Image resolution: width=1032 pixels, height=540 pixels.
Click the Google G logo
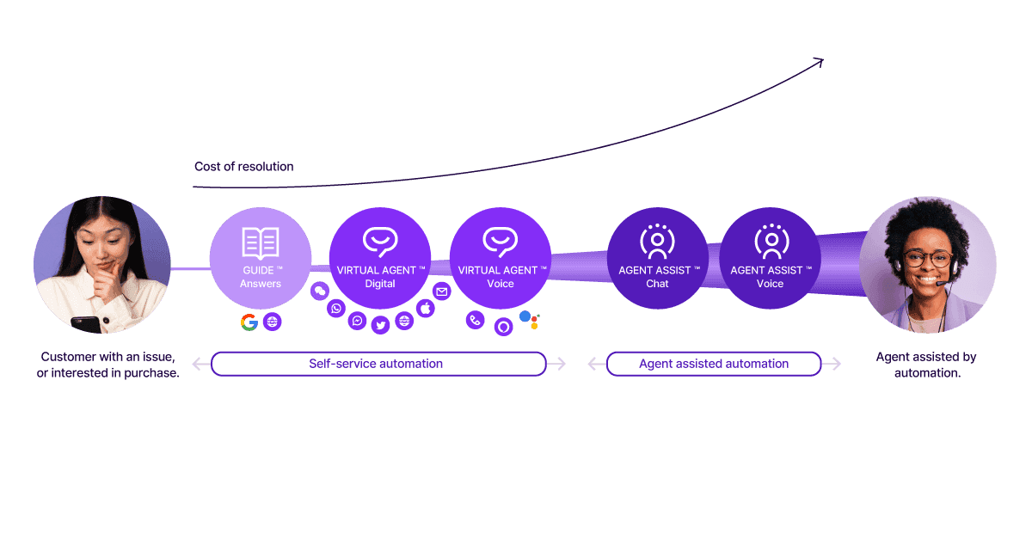[x=249, y=322]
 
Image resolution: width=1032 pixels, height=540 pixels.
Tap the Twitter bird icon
[x=381, y=325]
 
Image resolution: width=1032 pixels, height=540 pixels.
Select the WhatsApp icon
[x=336, y=308]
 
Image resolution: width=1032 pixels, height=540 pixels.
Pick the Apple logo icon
[x=426, y=308]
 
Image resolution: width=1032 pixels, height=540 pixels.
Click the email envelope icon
[x=441, y=291]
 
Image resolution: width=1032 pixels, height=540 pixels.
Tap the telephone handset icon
[x=475, y=321]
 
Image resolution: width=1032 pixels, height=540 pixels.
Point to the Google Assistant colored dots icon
[x=529, y=321]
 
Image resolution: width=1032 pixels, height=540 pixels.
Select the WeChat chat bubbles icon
[x=320, y=291]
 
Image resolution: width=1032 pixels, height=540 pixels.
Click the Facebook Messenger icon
[x=358, y=320]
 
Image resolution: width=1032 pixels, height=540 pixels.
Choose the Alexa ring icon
[x=504, y=326]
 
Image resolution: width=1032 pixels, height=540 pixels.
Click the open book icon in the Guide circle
[x=261, y=242]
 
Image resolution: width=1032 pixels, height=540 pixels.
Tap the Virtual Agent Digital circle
[x=380, y=258]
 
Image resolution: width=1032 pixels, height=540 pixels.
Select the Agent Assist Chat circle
[x=657, y=258]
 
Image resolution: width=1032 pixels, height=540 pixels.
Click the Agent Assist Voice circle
[x=770, y=258]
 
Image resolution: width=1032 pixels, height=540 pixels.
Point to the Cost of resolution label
[x=243, y=167]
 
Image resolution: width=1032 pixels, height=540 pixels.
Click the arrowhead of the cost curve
[x=820, y=61]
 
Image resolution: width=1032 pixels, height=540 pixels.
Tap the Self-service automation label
[x=377, y=364]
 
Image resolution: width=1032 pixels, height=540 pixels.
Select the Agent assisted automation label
[x=714, y=364]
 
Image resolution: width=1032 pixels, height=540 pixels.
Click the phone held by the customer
[x=85, y=324]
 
